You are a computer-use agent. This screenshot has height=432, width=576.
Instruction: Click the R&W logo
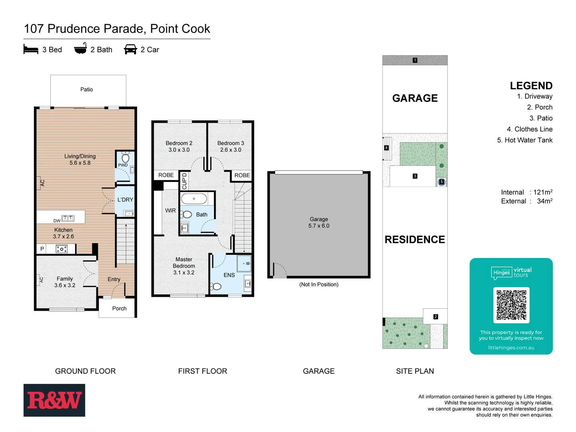(x=54, y=400)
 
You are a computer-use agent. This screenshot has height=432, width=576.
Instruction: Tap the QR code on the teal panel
(x=511, y=305)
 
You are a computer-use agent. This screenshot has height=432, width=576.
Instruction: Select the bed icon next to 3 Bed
(x=31, y=50)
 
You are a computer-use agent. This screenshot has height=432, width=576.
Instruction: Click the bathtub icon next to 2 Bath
(x=80, y=49)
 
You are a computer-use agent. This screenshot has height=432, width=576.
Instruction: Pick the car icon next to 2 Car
(x=130, y=50)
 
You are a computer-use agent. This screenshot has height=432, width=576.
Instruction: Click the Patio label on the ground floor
(x=86, y=90)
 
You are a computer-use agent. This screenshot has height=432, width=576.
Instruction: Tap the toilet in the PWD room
(x=126, y=157)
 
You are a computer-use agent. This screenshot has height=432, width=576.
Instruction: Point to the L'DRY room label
(x=125, y=200)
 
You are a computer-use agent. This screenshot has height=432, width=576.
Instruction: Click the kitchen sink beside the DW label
(x=68, y=218)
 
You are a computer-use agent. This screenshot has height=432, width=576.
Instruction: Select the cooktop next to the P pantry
(x=61, y=249)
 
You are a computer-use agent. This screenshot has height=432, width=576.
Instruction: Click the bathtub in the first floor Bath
(x=194, y=199)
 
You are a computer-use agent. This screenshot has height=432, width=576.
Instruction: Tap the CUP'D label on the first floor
(x=184, y=181)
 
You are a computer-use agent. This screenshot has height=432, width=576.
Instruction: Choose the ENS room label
(x=229, y=275)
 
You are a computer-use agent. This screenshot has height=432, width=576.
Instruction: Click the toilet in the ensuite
(x=216, y=286)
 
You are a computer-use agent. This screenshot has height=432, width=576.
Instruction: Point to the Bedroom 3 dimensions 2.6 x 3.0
(x=231, y=150)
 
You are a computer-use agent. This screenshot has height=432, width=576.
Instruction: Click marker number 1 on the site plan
(x=415, y=60)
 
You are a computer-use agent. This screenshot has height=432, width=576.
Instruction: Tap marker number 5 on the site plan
(x=442, y=182)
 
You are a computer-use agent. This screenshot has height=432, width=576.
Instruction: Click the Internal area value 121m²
(x=543, y=192)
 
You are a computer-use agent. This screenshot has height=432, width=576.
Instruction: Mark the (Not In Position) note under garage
(x=319, y=284)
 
